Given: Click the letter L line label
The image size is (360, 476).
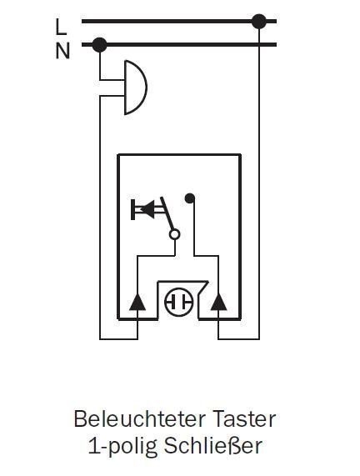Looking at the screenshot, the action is point(61,27).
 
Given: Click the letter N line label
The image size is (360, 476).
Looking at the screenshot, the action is point(62,51).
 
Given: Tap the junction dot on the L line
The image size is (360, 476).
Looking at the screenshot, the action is point(259,21).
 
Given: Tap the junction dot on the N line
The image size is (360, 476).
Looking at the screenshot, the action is point(99,45).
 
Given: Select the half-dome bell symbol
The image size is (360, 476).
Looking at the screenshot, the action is point(136,88).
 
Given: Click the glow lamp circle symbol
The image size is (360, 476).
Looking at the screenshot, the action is point(179,302).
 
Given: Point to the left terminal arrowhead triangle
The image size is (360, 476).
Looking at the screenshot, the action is point(137,302).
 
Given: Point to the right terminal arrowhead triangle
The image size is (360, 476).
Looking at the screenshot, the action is point(218,302).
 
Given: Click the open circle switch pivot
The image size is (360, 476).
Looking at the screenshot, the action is point(174,234).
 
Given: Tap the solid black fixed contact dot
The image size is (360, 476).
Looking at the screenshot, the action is point(190,198).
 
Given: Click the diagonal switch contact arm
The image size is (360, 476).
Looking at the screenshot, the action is point(167,213).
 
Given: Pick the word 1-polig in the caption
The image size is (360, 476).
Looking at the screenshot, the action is point(123,447).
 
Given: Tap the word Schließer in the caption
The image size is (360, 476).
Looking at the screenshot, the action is point(213,446).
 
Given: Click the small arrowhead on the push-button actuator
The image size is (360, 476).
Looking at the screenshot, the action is point(147,209).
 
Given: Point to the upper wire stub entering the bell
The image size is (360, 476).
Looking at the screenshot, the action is point(112,80).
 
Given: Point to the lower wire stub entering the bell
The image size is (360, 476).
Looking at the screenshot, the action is point(112,96).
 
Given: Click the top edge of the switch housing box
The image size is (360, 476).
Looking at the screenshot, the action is point(179,155).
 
